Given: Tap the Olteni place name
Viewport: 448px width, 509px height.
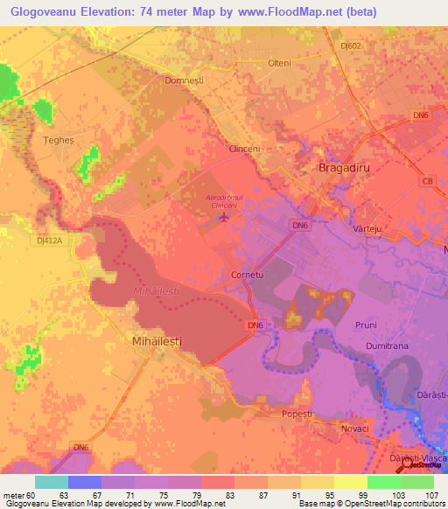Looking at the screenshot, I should point(279,64).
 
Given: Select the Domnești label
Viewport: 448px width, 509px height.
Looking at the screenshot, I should point(184,80).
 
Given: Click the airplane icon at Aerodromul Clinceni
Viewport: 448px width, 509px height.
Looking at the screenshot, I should point(226,217).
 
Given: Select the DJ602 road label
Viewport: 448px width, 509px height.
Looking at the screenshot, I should point(352,45).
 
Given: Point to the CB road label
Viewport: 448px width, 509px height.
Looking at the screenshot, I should point(427,181).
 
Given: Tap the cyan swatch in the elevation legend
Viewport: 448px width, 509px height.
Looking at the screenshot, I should point(51,482).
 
